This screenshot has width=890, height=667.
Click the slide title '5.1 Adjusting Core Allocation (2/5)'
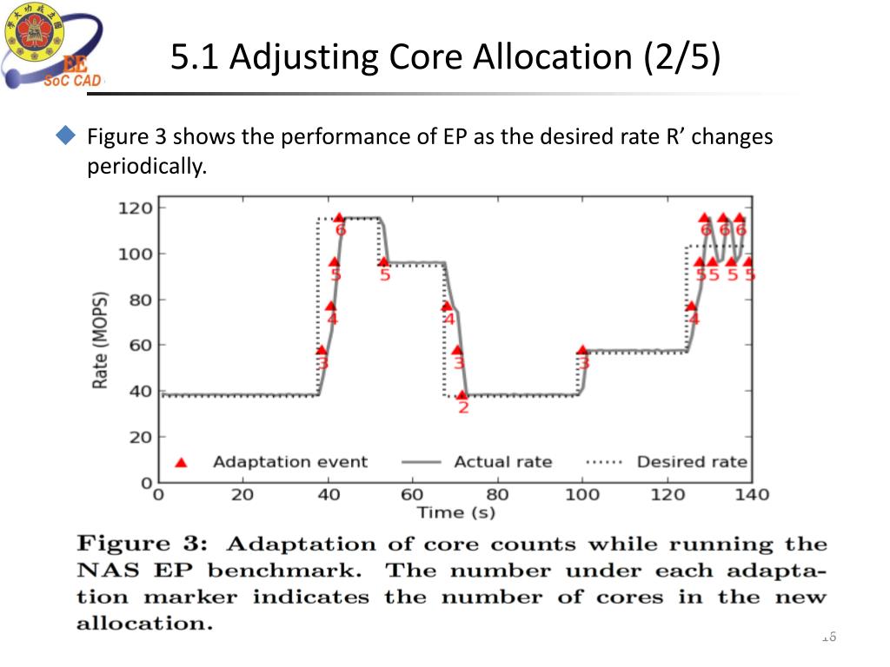coord(445,57)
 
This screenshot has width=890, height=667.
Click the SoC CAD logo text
coord(73,81)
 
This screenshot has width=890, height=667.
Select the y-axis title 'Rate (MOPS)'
coord(101,340)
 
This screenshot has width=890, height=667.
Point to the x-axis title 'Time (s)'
coord(455,512)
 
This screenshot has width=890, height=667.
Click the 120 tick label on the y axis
coord(136,208)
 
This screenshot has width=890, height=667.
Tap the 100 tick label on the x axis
coord(582,494)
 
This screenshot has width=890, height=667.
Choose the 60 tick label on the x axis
coord(413,494)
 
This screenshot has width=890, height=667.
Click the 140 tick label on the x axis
coord(752,494)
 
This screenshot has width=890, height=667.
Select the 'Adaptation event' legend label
coord(290,462)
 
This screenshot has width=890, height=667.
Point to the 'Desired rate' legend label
coord(692,462)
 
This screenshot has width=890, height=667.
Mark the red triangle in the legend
coord(181,462)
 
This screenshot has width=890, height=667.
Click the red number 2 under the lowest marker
coord(463,407)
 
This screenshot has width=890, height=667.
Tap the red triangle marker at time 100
coord(581,351)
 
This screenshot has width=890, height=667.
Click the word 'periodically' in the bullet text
coord(147,167)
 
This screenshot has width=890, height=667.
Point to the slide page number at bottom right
coord(827,637)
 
